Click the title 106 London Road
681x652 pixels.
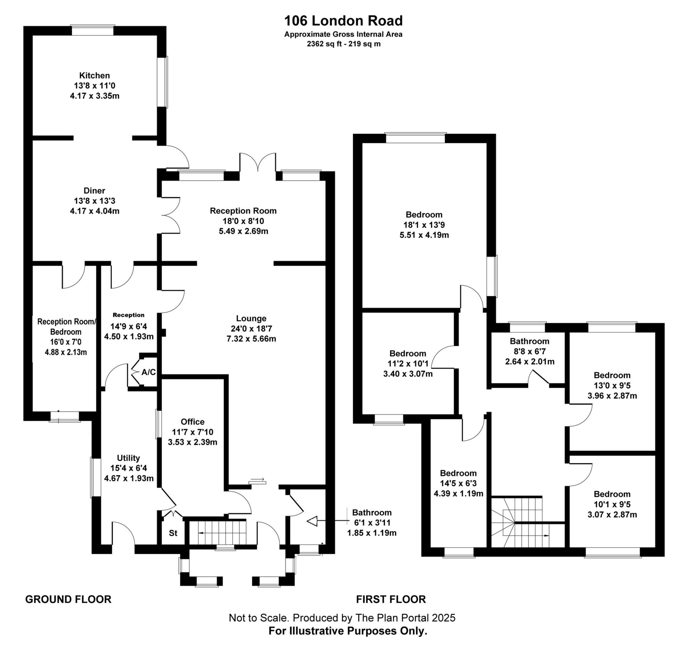343,21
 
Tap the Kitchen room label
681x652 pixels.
94,75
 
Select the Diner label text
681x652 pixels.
94,191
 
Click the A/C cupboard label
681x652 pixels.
149,372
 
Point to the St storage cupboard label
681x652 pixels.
173,533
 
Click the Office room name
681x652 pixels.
193,422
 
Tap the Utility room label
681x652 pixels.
128,458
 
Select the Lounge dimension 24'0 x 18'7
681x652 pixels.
251,329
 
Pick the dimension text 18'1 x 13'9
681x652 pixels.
424,225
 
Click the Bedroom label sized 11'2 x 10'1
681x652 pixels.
408,354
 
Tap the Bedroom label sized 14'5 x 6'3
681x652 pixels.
458,473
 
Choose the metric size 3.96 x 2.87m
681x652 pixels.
612,396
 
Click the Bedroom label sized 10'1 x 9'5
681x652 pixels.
612,494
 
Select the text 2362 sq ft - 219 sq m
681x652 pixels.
343,44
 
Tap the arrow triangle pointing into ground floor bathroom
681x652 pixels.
312,521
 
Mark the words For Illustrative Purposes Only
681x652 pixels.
348,631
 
